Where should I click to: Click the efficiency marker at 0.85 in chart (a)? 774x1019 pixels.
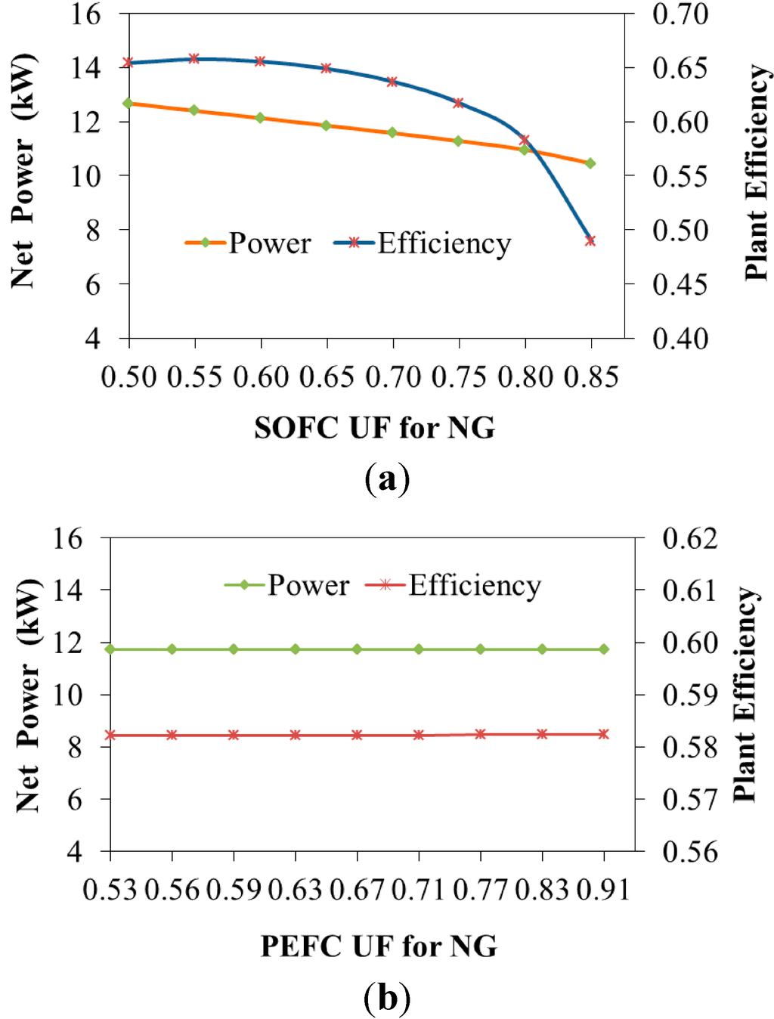590,240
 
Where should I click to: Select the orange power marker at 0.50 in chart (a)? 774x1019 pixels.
128,103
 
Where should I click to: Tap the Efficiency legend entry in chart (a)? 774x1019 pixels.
423,243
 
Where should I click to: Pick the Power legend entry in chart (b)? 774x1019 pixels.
288,585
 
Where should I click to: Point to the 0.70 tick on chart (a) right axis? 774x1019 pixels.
680,14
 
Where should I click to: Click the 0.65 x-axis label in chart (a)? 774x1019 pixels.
327,376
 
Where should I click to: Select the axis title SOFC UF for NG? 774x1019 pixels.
375,428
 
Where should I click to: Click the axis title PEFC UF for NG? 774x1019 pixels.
379,946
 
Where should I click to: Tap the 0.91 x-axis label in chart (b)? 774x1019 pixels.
603,890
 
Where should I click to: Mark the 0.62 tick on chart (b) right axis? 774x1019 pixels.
689,538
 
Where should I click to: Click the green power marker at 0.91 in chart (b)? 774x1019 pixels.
603,649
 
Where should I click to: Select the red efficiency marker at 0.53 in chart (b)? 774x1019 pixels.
110,735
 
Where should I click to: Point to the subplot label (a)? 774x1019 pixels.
387,479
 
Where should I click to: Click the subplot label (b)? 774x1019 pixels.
387,997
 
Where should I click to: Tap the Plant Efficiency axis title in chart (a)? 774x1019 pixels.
756,172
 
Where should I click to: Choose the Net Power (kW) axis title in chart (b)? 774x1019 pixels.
27,695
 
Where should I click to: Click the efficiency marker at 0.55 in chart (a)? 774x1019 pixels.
194,58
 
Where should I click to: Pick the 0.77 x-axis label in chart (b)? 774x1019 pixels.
480,890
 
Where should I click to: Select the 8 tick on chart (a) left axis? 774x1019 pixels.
92,230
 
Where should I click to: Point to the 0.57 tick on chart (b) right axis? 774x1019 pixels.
689,799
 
